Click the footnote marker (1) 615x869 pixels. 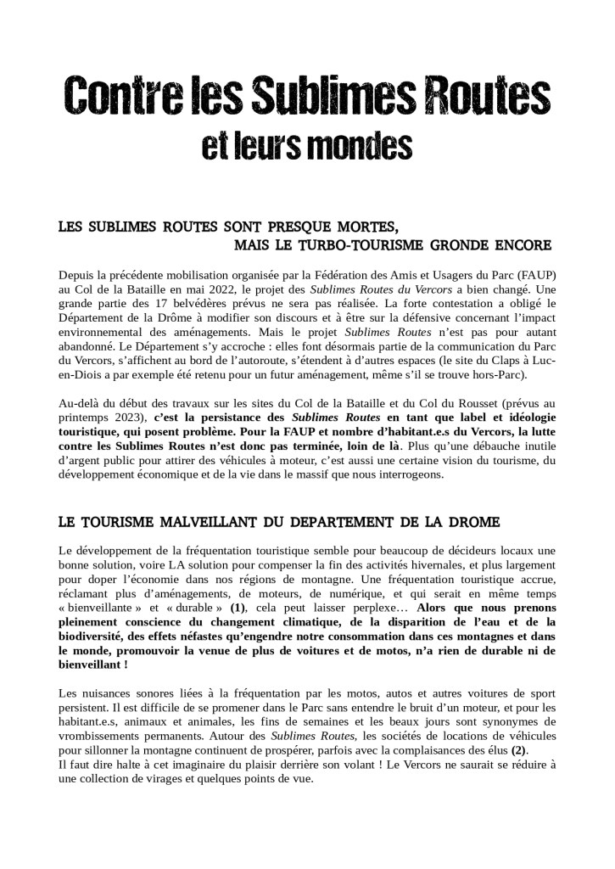239,608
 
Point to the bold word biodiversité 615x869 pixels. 92,636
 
